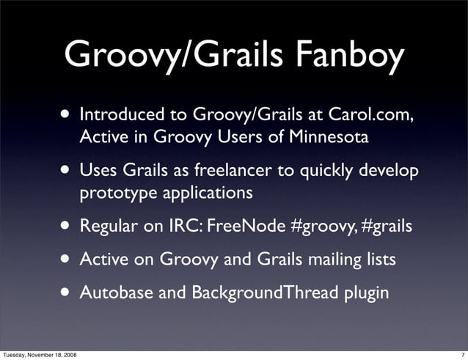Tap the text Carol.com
(384, 114)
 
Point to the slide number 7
(462, 355)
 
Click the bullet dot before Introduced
(67, 114)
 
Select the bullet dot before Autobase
(67, 292)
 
